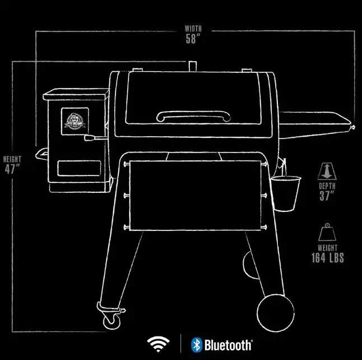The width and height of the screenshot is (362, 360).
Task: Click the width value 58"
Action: tap(193, 39)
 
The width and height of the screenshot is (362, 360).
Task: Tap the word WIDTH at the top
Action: tap(193, 28)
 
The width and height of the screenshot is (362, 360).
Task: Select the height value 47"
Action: tap(12, 169)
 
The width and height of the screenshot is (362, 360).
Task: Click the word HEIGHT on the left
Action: tap(12, 159)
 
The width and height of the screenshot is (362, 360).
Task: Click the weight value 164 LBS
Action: tap(328, 258)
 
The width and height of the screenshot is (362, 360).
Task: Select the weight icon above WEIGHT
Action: tap(327, 232)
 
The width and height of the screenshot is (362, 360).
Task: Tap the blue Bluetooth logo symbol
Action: tap(196, 344)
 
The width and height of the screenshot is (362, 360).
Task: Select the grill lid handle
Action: tap(194, 116)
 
